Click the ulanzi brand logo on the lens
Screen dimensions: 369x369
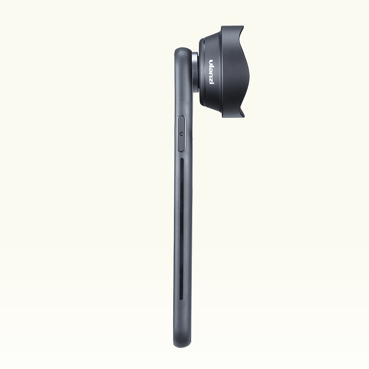click(211, 72)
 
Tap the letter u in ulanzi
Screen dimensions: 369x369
click(211, 62)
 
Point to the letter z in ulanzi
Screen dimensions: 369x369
click(211, 79)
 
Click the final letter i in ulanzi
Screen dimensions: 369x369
click(211, 83)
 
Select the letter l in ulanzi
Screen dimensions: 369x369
click(211, 65)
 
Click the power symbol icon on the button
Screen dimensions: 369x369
click(181, 134)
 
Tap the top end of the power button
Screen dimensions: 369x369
click(181, 116)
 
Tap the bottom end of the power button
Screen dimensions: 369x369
click(181, 151)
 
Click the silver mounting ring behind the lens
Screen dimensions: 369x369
click(195, 71)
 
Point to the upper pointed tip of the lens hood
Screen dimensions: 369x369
click(243, 27)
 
